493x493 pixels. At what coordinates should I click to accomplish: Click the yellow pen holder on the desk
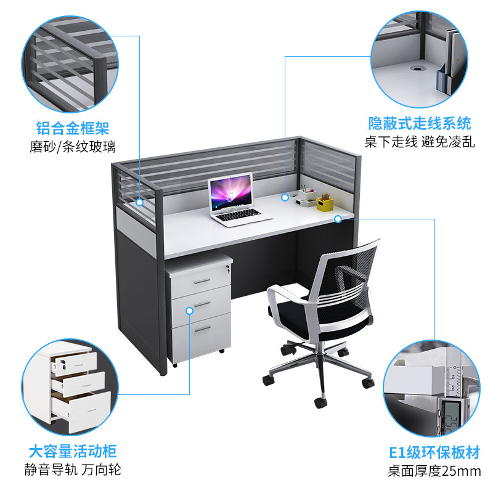[325, 203]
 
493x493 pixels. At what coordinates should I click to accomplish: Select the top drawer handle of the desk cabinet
[202, 281]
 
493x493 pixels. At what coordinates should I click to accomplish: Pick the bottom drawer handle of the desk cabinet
[203, 329]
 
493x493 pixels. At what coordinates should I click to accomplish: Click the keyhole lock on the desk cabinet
[227, 267]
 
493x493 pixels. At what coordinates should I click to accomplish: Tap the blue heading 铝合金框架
[73, 128]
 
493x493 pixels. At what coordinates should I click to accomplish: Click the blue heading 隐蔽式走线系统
[420, 123]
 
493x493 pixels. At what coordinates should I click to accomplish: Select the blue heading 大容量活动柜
[73, 451]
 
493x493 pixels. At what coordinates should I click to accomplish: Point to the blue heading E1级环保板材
[434, 452]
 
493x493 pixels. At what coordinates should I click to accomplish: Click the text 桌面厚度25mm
[434, 471]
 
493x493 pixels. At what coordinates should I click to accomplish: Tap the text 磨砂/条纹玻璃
[73, 147]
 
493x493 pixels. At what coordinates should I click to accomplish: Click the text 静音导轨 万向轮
[73, 470]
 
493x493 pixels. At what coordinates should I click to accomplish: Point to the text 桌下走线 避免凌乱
[420, 142]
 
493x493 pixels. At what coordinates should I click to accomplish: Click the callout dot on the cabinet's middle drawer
[189, 311]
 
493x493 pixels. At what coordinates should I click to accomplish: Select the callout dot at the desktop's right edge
[338, 219]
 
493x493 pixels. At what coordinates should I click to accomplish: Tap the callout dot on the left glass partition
[140, 202]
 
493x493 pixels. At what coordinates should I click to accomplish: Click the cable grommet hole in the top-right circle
[417, 68]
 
